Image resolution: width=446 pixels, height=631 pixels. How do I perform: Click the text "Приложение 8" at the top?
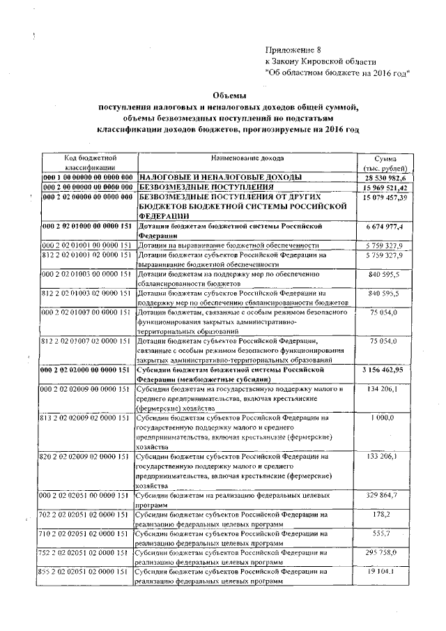tap(293, 50)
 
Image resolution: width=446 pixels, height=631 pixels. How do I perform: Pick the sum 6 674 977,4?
tap(389, 227)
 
